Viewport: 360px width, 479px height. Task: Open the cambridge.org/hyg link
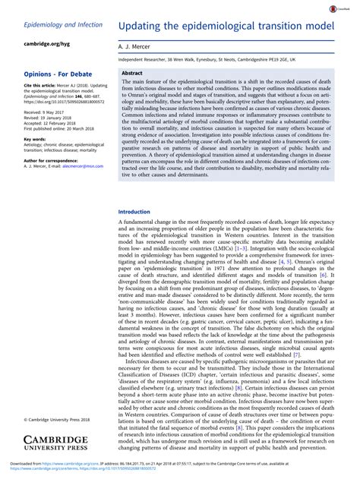(36, 43)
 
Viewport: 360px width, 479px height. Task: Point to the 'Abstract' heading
(133, 73)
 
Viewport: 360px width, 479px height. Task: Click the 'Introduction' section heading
(135, 212)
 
